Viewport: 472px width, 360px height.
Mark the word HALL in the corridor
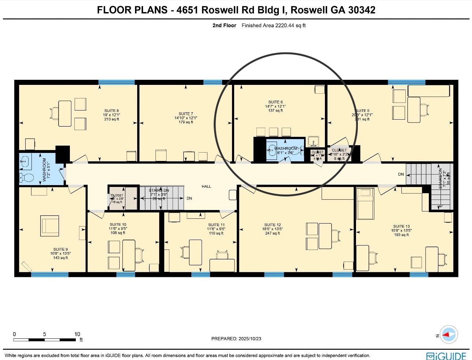click(x=206, y=187)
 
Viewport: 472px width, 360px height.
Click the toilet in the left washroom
click(x=26, y=178)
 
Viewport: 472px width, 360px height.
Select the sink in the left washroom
click(x=25, y=161)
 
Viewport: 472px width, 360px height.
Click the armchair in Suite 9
click(x=50, y=226)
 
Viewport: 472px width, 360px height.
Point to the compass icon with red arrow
click(x=449, y=334)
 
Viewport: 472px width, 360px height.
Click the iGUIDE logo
click(x=446, y=356)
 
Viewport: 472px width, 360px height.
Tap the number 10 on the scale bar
click(x=77, y=334)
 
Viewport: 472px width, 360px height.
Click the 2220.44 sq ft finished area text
click(x=273, y=26)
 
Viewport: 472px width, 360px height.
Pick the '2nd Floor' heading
click(x=224, y=26)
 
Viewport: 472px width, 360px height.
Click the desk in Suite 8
click(x=65, y=114)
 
